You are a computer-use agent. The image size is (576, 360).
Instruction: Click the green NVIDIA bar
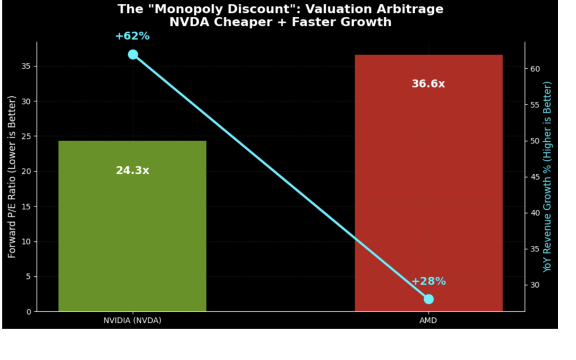coord(132,236)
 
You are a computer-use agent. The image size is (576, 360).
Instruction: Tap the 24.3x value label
coord(132,170)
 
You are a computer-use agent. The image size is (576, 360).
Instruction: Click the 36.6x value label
coord(428,84)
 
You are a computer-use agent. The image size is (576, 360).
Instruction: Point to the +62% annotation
coord(132,36)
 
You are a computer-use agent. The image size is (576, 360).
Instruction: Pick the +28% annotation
coord(429,281)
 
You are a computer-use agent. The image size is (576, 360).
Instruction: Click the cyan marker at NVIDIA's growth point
coord(133,55)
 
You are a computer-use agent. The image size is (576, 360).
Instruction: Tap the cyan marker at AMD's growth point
coord(429,299)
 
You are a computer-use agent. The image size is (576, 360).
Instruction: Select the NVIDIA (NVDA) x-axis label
coord(132,321)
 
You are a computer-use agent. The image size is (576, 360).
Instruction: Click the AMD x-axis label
coord(428,321)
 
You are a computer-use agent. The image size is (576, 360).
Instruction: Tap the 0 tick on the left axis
coord(29,312)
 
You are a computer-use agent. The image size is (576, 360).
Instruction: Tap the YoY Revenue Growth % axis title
coord(547,177)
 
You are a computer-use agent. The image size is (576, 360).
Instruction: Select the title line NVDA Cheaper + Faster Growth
coord(280,22)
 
